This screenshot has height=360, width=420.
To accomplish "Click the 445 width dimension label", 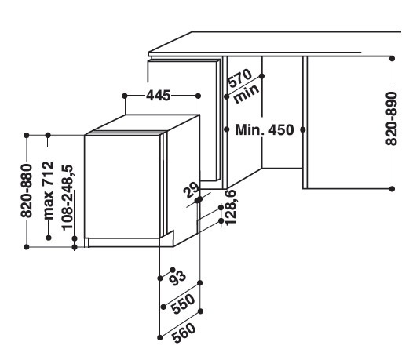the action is (158, 95).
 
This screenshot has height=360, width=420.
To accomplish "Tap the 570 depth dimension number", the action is (239, 78).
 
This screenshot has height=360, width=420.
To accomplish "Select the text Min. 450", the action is (265, 130).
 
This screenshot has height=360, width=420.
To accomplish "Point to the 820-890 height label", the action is (391, 118).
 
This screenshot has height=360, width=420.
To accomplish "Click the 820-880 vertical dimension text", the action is (27, 191).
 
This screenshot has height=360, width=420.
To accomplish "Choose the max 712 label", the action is (49, 191).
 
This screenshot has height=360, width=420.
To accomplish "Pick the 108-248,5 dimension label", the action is (68, 198).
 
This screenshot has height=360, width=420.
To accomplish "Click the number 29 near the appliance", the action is (192, 190).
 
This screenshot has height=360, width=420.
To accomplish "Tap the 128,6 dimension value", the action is (230, 207).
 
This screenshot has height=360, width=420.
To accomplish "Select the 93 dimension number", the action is (177, 278).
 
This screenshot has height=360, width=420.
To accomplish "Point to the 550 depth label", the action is (183, 304).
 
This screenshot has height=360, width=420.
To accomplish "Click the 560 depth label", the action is (184, 333).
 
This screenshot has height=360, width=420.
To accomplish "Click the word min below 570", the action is (247, 93).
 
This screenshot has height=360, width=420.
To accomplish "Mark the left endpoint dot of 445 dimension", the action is (125, 96).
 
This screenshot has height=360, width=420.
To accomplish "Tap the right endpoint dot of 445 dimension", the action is (198, 96).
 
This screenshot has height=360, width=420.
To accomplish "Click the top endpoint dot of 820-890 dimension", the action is (393, 58).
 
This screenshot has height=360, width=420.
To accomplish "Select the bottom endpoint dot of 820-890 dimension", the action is (393, 189).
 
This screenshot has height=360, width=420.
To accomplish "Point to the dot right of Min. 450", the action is (303, 129).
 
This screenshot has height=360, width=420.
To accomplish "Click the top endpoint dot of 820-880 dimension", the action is (27, 136).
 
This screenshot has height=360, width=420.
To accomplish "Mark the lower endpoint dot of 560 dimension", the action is (160, 338).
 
